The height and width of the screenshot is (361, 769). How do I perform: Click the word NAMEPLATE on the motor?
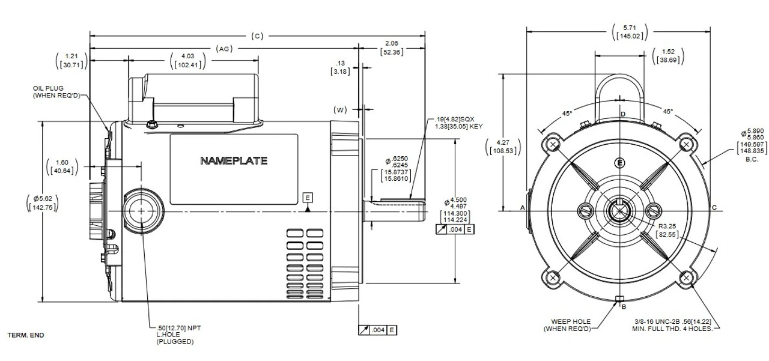(234, 161)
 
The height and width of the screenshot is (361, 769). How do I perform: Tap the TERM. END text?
(26, 335)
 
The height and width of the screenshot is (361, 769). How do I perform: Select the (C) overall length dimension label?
(257, 36)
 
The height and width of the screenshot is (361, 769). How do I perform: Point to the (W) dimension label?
(341, 110)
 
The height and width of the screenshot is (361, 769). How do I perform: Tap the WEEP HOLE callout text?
(567, 325)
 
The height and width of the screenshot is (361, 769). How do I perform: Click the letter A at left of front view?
(522, 207)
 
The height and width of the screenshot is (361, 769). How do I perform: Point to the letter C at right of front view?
(714, 207)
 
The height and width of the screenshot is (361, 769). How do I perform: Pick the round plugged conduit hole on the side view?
(142, 211)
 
